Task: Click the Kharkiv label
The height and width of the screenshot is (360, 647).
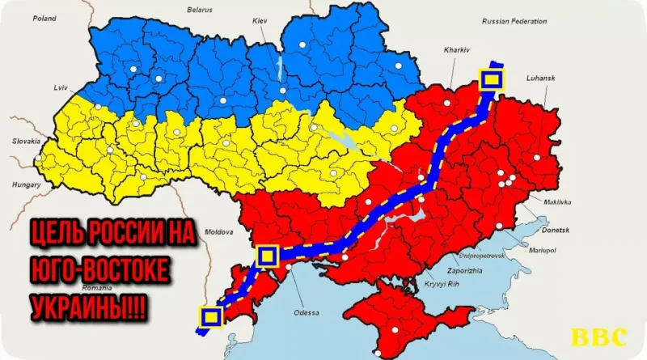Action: pos(456,49)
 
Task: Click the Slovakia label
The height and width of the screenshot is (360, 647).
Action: pos(24,141)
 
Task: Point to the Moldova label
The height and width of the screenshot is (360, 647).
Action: pos(219,231)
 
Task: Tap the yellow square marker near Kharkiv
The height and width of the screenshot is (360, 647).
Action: pos(492,79)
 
